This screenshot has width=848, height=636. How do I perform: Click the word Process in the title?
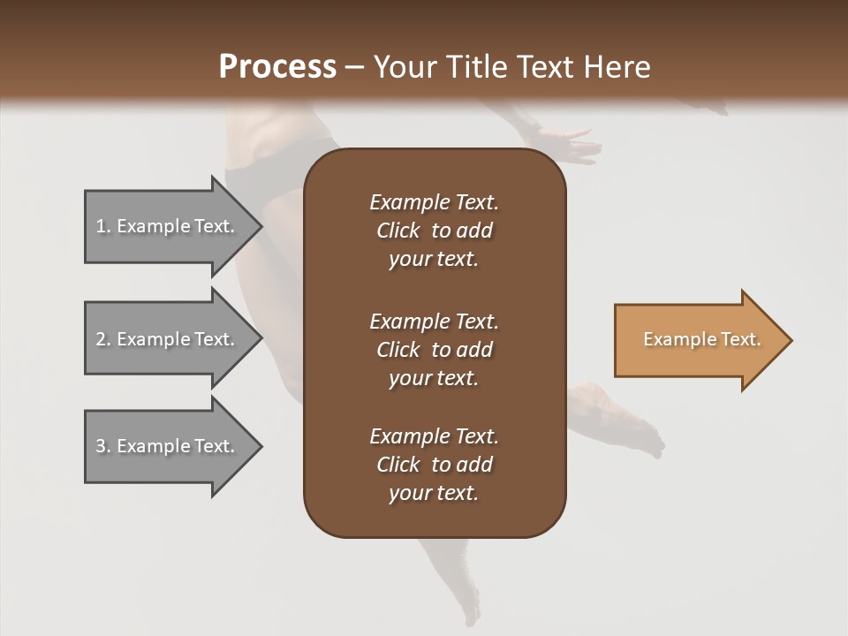277,66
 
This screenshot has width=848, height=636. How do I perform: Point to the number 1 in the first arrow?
100,226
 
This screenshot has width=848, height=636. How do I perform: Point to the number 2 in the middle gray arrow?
100,339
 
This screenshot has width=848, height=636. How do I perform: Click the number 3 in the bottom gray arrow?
100,446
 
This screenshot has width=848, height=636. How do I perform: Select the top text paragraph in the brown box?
434,231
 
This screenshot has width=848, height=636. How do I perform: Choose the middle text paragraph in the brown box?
434,350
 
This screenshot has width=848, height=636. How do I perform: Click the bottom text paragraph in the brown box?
434,465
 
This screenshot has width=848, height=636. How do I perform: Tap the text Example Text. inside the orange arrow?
701,339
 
